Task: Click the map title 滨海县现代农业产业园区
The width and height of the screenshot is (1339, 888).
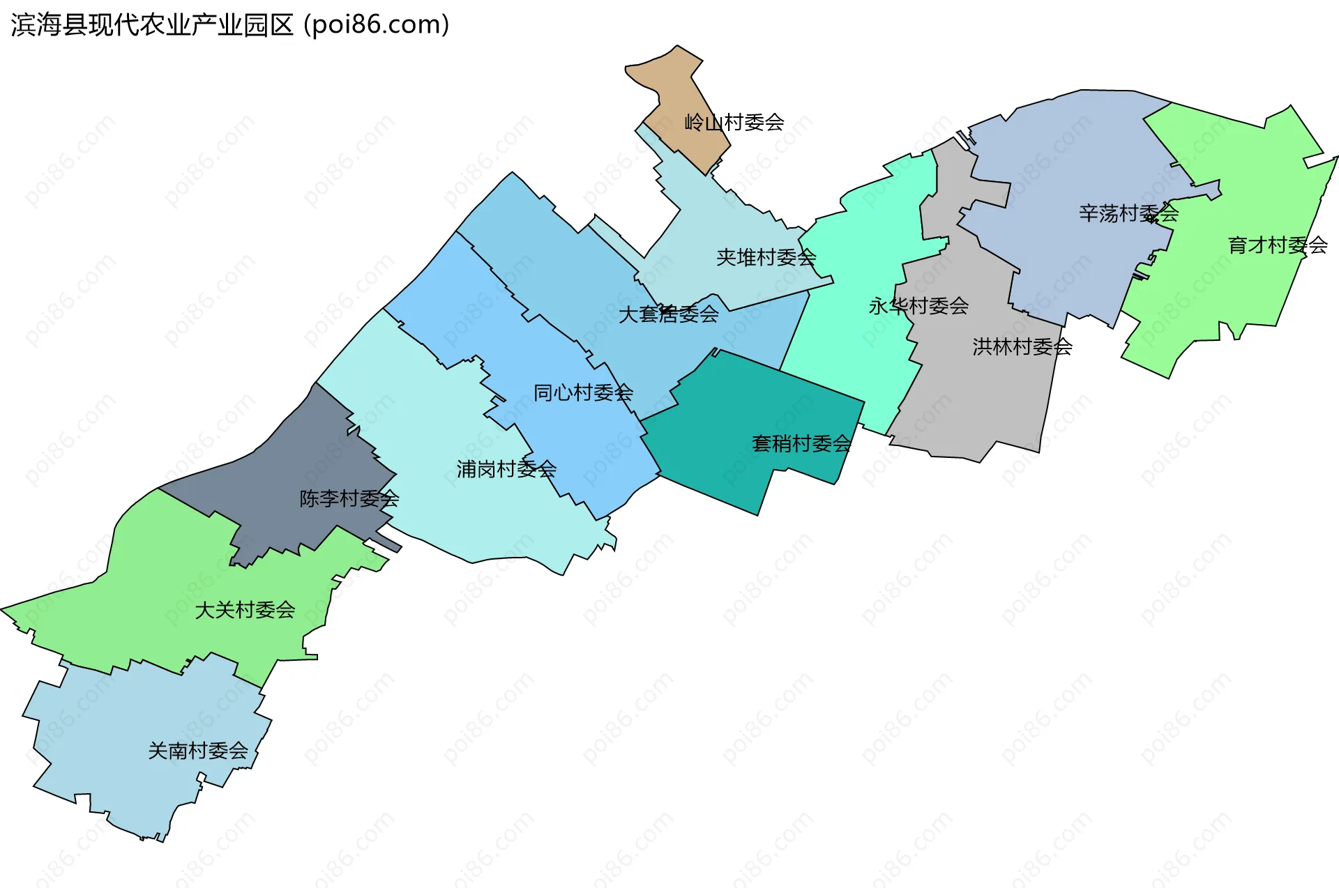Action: tap(152, 25)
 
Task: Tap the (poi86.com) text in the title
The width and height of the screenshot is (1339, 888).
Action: tap(377, 25)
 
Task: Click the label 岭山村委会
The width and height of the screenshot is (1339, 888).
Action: tap(734, 123)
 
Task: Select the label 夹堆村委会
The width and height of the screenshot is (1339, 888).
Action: tap(766, 258)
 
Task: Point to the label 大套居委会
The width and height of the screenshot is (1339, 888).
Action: tap(668, 314)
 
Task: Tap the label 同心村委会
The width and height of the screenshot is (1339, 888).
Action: tap(583, 393)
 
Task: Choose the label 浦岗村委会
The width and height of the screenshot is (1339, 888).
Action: tap(506, 469)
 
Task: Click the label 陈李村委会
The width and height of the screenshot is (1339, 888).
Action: tap(349, 498)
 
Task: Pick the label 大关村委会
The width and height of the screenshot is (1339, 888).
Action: tap(245, 610)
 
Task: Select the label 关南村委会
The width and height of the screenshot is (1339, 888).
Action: tap(198, 751)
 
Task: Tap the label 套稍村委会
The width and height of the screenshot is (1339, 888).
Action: tap(801, 443)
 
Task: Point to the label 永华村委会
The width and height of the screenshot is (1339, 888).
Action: tap(918, 305)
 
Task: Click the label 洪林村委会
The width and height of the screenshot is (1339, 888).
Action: tap(1022, 346)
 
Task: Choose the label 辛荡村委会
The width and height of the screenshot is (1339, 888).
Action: tap(1128, 213)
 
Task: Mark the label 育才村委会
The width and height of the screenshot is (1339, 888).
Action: tap(1278, 245)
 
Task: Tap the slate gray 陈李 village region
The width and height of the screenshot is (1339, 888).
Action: tap(293, 453)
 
